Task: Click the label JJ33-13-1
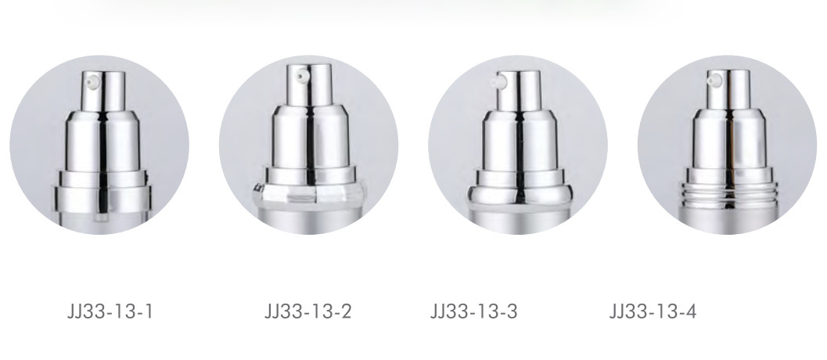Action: click(110, 311)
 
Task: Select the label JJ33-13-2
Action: click(307, 311)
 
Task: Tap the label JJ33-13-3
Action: click(473, 311)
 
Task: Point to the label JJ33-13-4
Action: click(653, 311)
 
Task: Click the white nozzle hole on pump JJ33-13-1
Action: click(93, 82)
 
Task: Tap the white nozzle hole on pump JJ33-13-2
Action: click(301, 77)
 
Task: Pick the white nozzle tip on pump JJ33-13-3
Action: click(498, 82)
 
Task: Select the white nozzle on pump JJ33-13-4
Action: click(714, 81)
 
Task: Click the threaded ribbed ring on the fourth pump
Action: click(728, 194)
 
